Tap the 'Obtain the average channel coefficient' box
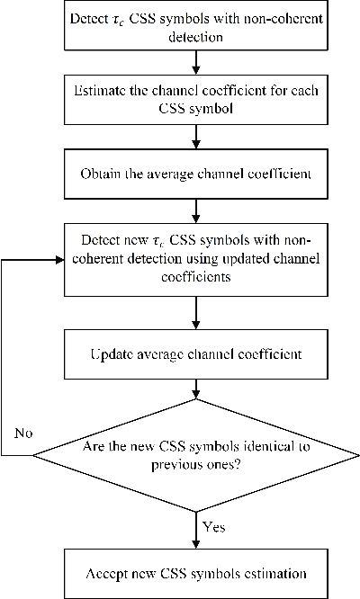coord(195,174)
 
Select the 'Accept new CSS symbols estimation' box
coord(195,573)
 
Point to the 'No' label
coord(24,433)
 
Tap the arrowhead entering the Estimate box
coord(195,72)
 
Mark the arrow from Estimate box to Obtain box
coord(195,138)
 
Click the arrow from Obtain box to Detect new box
coord(195,212)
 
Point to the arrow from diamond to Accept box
coord(195,529)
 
